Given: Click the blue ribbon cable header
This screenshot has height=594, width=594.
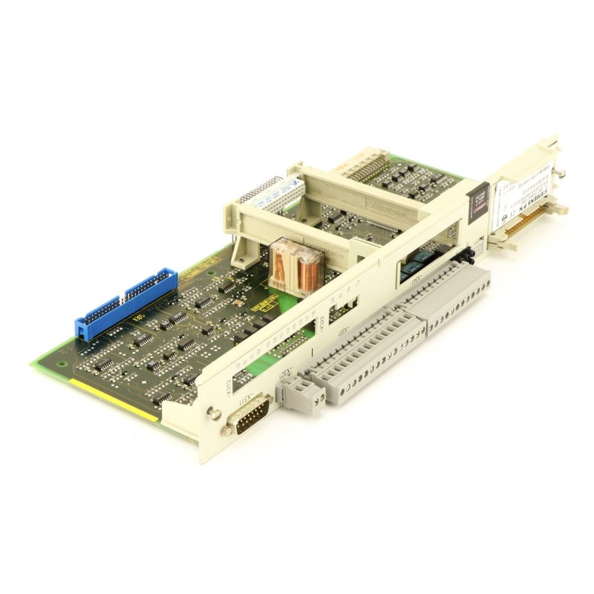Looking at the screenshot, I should [x=126, y=305].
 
